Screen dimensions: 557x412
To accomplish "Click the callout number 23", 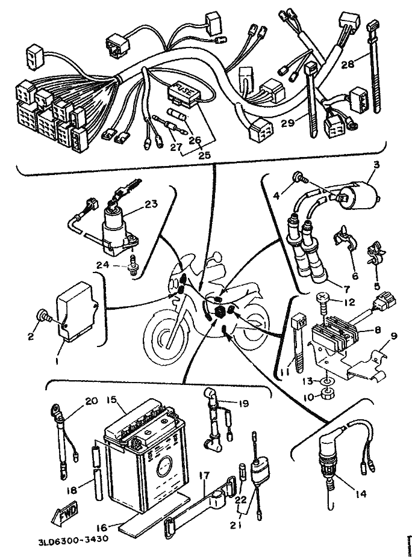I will [x=151, y=204].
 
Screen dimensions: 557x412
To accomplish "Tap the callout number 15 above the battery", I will [x=111, y=399].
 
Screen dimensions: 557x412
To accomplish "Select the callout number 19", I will [x=242, y=404].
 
